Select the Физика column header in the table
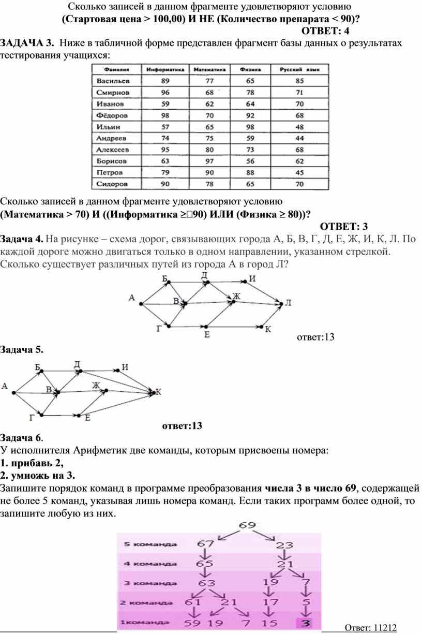250,69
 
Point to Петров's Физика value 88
250,172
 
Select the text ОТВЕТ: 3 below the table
344,226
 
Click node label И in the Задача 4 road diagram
252,278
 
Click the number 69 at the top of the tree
247,525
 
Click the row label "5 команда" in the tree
150,544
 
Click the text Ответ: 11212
370,628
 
